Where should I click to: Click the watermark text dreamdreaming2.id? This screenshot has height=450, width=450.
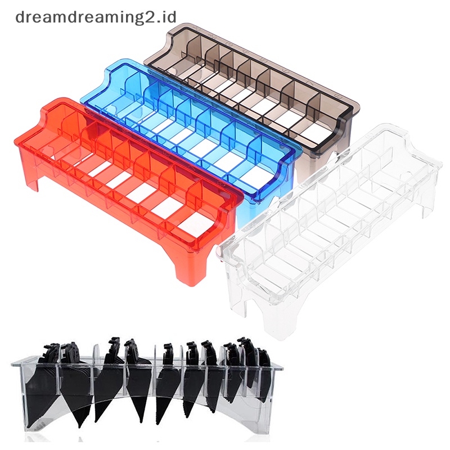(x=96, y=18)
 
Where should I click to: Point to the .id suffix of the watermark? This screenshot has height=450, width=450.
(x=168, y=17)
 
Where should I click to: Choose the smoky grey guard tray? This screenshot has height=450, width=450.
(x=253, y=94)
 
